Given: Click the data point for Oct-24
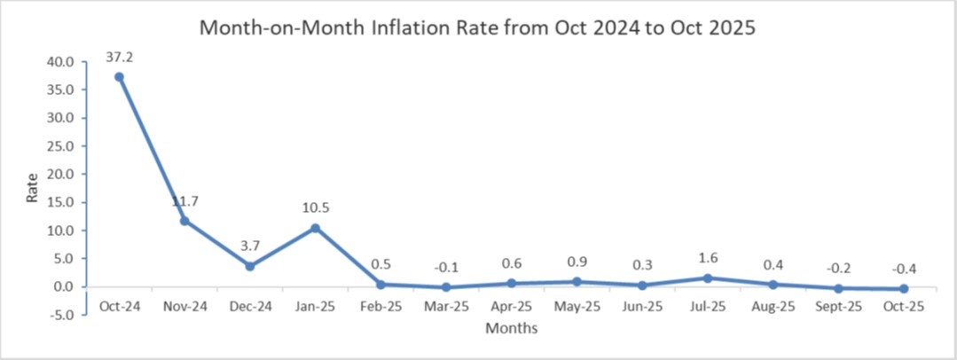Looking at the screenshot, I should click(x=119, y=77).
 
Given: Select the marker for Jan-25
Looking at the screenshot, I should click(x=315, y=228).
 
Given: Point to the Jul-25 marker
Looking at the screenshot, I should click(x=708, y=278).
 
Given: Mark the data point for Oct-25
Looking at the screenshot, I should click(x=904, y=289).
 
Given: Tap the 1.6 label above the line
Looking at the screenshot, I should click(x=708, y=258).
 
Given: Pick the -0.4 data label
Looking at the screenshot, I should click(x=904, y=268).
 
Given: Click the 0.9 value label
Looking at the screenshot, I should click(x=577, y=262).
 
